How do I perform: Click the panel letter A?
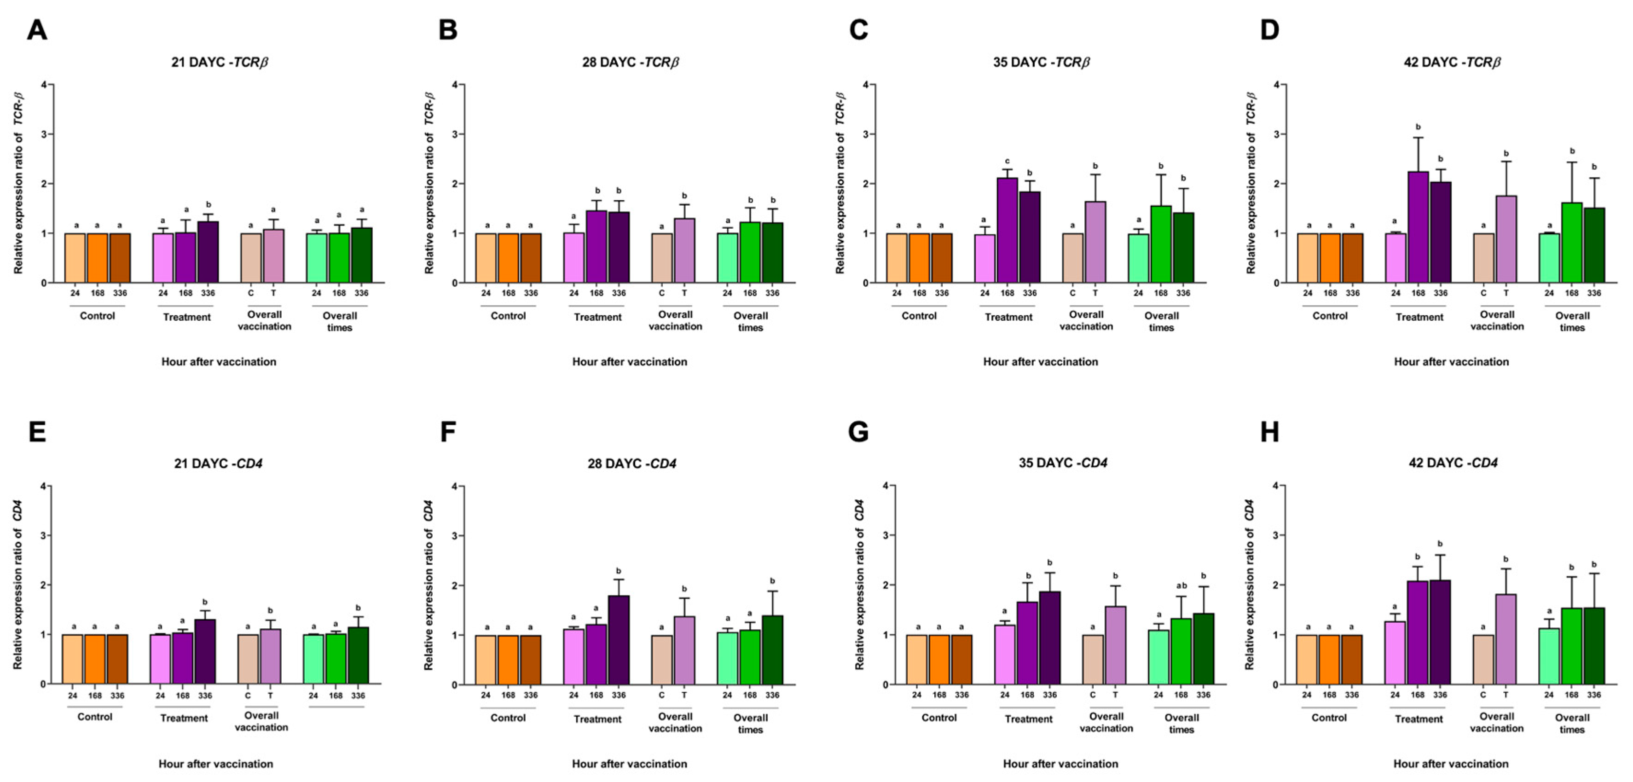click(x=37, y=30)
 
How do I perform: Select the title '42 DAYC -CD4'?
click(x=1453, y=463)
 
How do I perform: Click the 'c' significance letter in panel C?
click(x=1007, y=161)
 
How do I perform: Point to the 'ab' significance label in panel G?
click(x=1181, y=585)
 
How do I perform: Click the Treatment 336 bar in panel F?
click(x=619, y=640)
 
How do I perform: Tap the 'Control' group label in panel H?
click(x=1329, y=718)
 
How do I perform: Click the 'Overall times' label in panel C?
click(x=1161, y=321)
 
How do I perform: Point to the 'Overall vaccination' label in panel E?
click(x=261, y=721)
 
